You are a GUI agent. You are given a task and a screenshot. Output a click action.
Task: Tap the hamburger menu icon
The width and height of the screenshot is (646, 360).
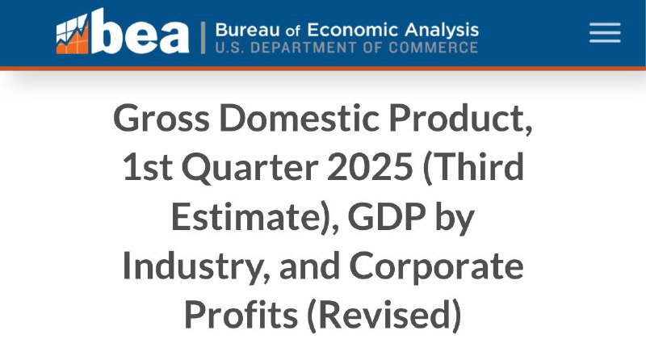[x=605, y=32]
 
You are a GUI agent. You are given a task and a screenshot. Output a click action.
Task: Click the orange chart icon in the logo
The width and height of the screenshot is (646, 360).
[x=73, y=34]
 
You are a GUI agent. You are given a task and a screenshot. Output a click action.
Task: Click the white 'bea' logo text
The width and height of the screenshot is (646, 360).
[x=140, y=31]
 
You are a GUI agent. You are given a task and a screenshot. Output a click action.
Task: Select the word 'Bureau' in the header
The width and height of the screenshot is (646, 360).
[x=247, y=30]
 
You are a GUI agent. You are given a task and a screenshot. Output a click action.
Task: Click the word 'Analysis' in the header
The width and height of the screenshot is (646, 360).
[x=442, y=31]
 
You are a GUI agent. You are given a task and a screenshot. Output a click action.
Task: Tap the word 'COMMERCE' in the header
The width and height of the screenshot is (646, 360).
[x=433, y=48]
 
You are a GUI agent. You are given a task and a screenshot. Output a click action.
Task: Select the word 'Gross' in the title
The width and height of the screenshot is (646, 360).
[x=161, y=118]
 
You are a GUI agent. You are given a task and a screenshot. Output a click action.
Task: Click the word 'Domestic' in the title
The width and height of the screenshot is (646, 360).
[x=299, y=118]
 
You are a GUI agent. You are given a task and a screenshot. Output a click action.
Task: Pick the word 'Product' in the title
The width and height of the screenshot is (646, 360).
[x=460, y=119]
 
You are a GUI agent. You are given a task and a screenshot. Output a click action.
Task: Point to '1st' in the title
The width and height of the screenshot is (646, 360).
[x=147, y=167]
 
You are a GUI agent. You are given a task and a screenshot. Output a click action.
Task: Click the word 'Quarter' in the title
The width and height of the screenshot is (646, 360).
[x=250, y=168]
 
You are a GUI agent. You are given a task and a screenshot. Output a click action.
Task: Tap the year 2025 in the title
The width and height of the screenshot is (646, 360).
[x=370, y=167]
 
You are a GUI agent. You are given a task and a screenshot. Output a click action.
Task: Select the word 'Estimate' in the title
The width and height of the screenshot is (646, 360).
[x=245, y=216]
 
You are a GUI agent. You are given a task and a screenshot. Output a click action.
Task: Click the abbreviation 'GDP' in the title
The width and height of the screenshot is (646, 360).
[x=387, y=216]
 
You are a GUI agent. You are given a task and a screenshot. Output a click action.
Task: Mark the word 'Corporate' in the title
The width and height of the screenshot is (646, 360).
[x=436, y=267]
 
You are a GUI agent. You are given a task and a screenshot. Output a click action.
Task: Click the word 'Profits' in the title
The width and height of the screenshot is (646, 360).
[x=241, y=314]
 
